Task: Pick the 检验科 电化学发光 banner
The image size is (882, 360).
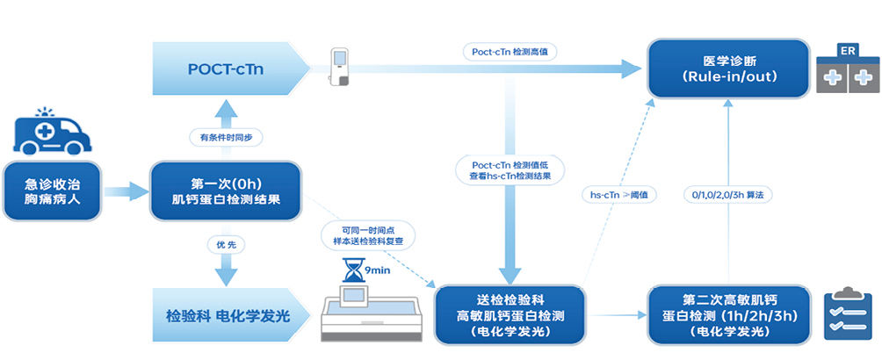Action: click(x=227, y=315)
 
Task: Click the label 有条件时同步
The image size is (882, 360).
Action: click(x=226, y=137)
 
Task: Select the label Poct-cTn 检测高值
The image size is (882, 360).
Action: click(x=509, y=52)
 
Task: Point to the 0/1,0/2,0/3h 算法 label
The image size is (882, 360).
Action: click(x=728, y=195)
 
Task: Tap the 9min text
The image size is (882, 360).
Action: click(x=379, y=270)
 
